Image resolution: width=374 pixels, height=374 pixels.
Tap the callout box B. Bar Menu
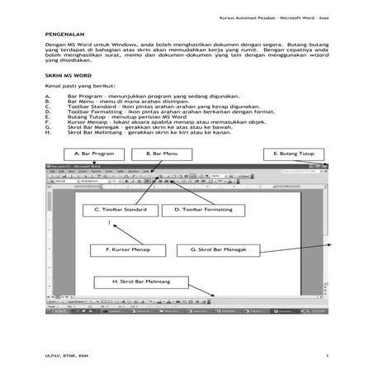pyautogui.click(x=162, y=154)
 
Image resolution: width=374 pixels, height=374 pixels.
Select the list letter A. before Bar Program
pyautogui.click(x=48, y=96)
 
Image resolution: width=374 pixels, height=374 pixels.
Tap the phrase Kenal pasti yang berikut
pyautogui.click(x=81, y=86)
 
